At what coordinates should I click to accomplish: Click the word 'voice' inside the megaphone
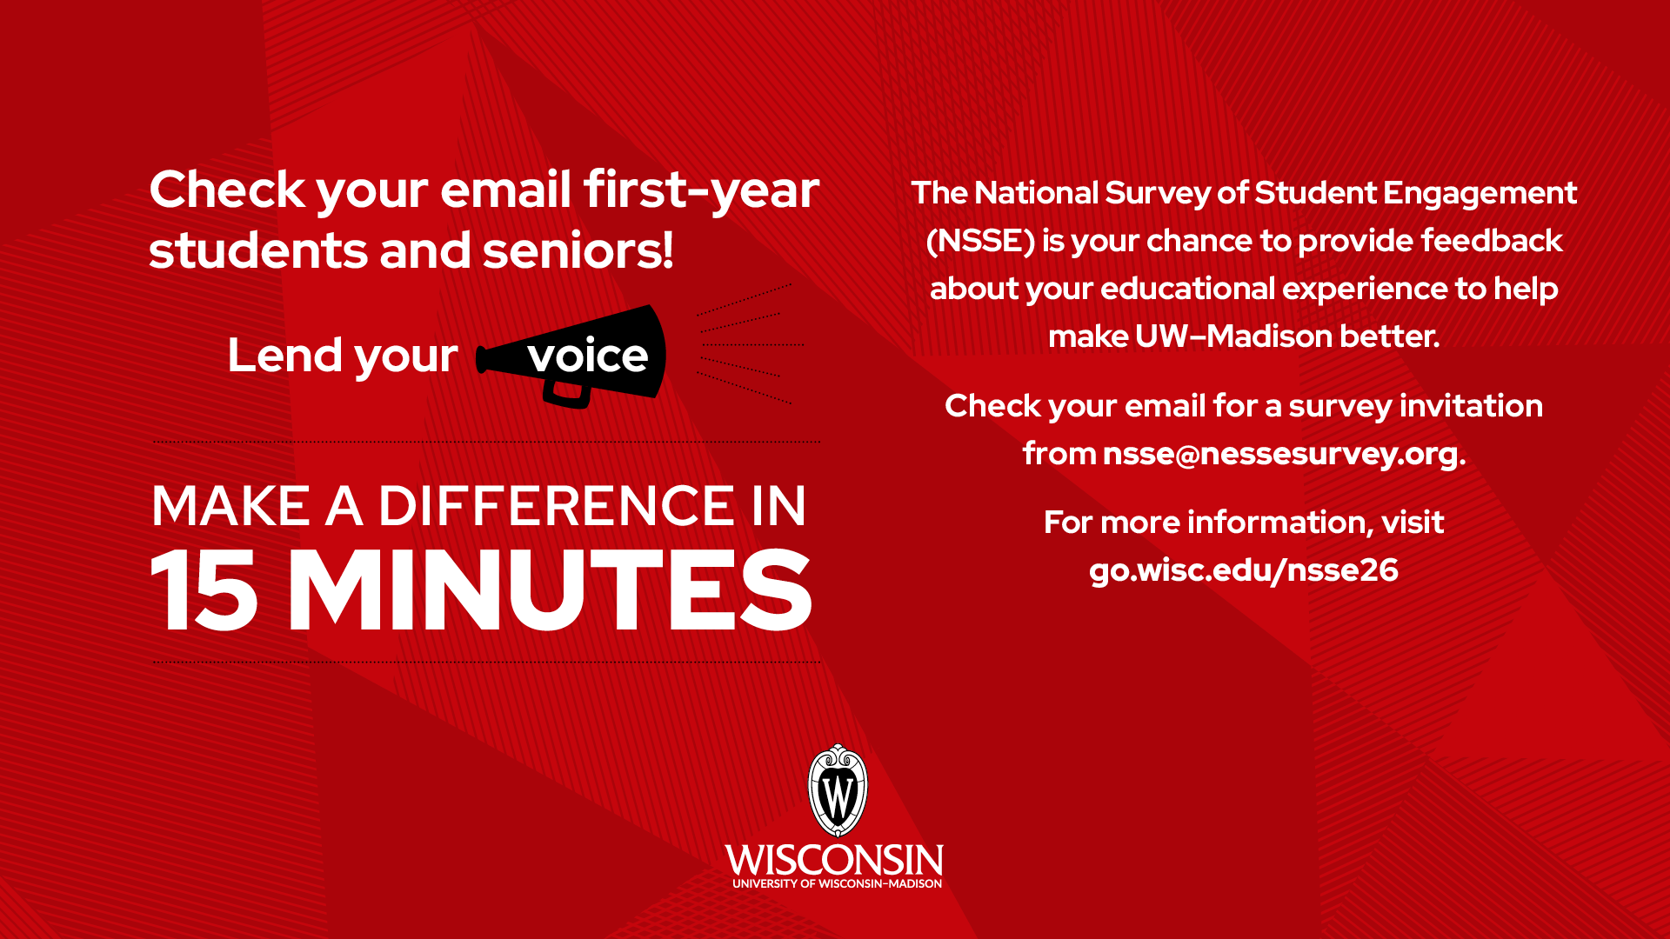click(x=588, y=356)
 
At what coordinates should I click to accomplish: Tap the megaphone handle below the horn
click(x=566, y=395)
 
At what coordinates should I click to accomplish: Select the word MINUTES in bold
click(x=550, y=591)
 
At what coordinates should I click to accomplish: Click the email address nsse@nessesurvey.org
click(x=1280, y=454)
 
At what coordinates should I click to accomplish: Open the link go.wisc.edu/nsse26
click(x=1244, y=570)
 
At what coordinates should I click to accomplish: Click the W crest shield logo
click(x=838, y=791)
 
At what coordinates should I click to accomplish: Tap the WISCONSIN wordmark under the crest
click(x=834, y=861)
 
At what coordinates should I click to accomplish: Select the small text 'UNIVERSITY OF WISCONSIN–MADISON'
click(x=837, y=884)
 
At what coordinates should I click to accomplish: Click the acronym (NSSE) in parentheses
click(x=980, y=241)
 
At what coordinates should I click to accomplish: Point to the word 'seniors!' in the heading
click(x=578, y=251)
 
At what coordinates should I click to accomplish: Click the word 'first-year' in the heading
click(x=701, y=190)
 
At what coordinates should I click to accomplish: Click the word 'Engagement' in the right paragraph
click(x=1480, y=193)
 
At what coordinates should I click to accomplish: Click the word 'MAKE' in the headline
click(x=230, y=506)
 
